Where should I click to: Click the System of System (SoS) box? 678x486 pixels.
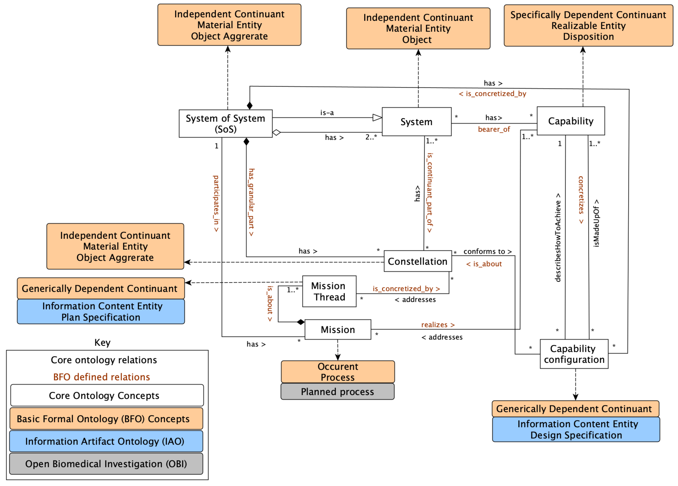coord(225,124)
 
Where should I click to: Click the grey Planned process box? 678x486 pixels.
coord(337,391)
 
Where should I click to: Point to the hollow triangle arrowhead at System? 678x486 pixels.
coord(377,118)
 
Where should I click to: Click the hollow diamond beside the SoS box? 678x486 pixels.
coord(277,132)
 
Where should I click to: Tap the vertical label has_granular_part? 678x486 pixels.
coord(251,202)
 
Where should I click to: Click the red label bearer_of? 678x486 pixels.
coord(494,129)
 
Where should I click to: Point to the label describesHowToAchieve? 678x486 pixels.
coord(558,237)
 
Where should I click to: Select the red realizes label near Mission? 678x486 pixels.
coord(438,325)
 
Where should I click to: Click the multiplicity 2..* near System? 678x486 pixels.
coord(371,137)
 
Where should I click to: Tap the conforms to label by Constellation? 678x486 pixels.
coord(487,251)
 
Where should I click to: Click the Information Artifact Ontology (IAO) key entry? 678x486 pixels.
coord(105,441)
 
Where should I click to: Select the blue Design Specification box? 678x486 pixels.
coord(576,429)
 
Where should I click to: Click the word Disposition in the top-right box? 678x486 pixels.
coord(588,37)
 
